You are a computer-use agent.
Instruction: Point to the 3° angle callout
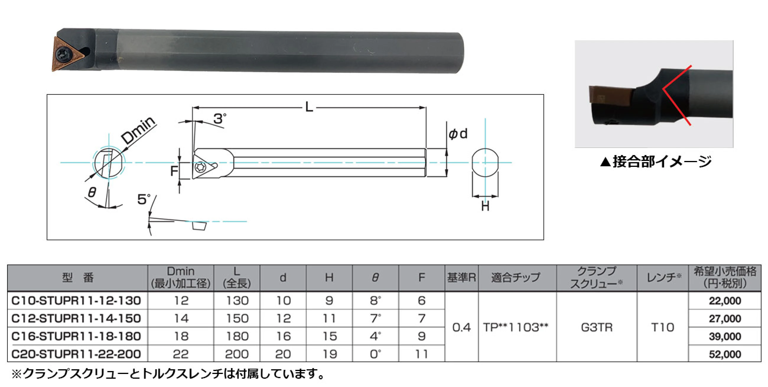(x=220, y=119)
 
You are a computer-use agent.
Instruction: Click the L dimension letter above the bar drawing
(x=309, y=107)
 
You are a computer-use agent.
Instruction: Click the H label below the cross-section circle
(x=485, y=206)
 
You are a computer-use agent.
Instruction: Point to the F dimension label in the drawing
(x=174, y=171)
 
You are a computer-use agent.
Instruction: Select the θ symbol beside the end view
(x=92, y=192)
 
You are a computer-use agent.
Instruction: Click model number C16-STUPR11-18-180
(x=76, y=336)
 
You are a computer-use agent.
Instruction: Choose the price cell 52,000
(x=725, y=354)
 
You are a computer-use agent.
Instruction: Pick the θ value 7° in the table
(x=375, y=318)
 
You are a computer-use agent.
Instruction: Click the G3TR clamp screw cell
(x=597, y=328)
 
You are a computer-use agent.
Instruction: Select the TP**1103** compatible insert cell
(x=516, y=328)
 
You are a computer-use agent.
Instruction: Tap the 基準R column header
(x=461, y=278)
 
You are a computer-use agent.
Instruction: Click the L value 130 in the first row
(x=237, y=300)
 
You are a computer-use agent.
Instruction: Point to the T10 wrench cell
(x=663, y=328)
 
